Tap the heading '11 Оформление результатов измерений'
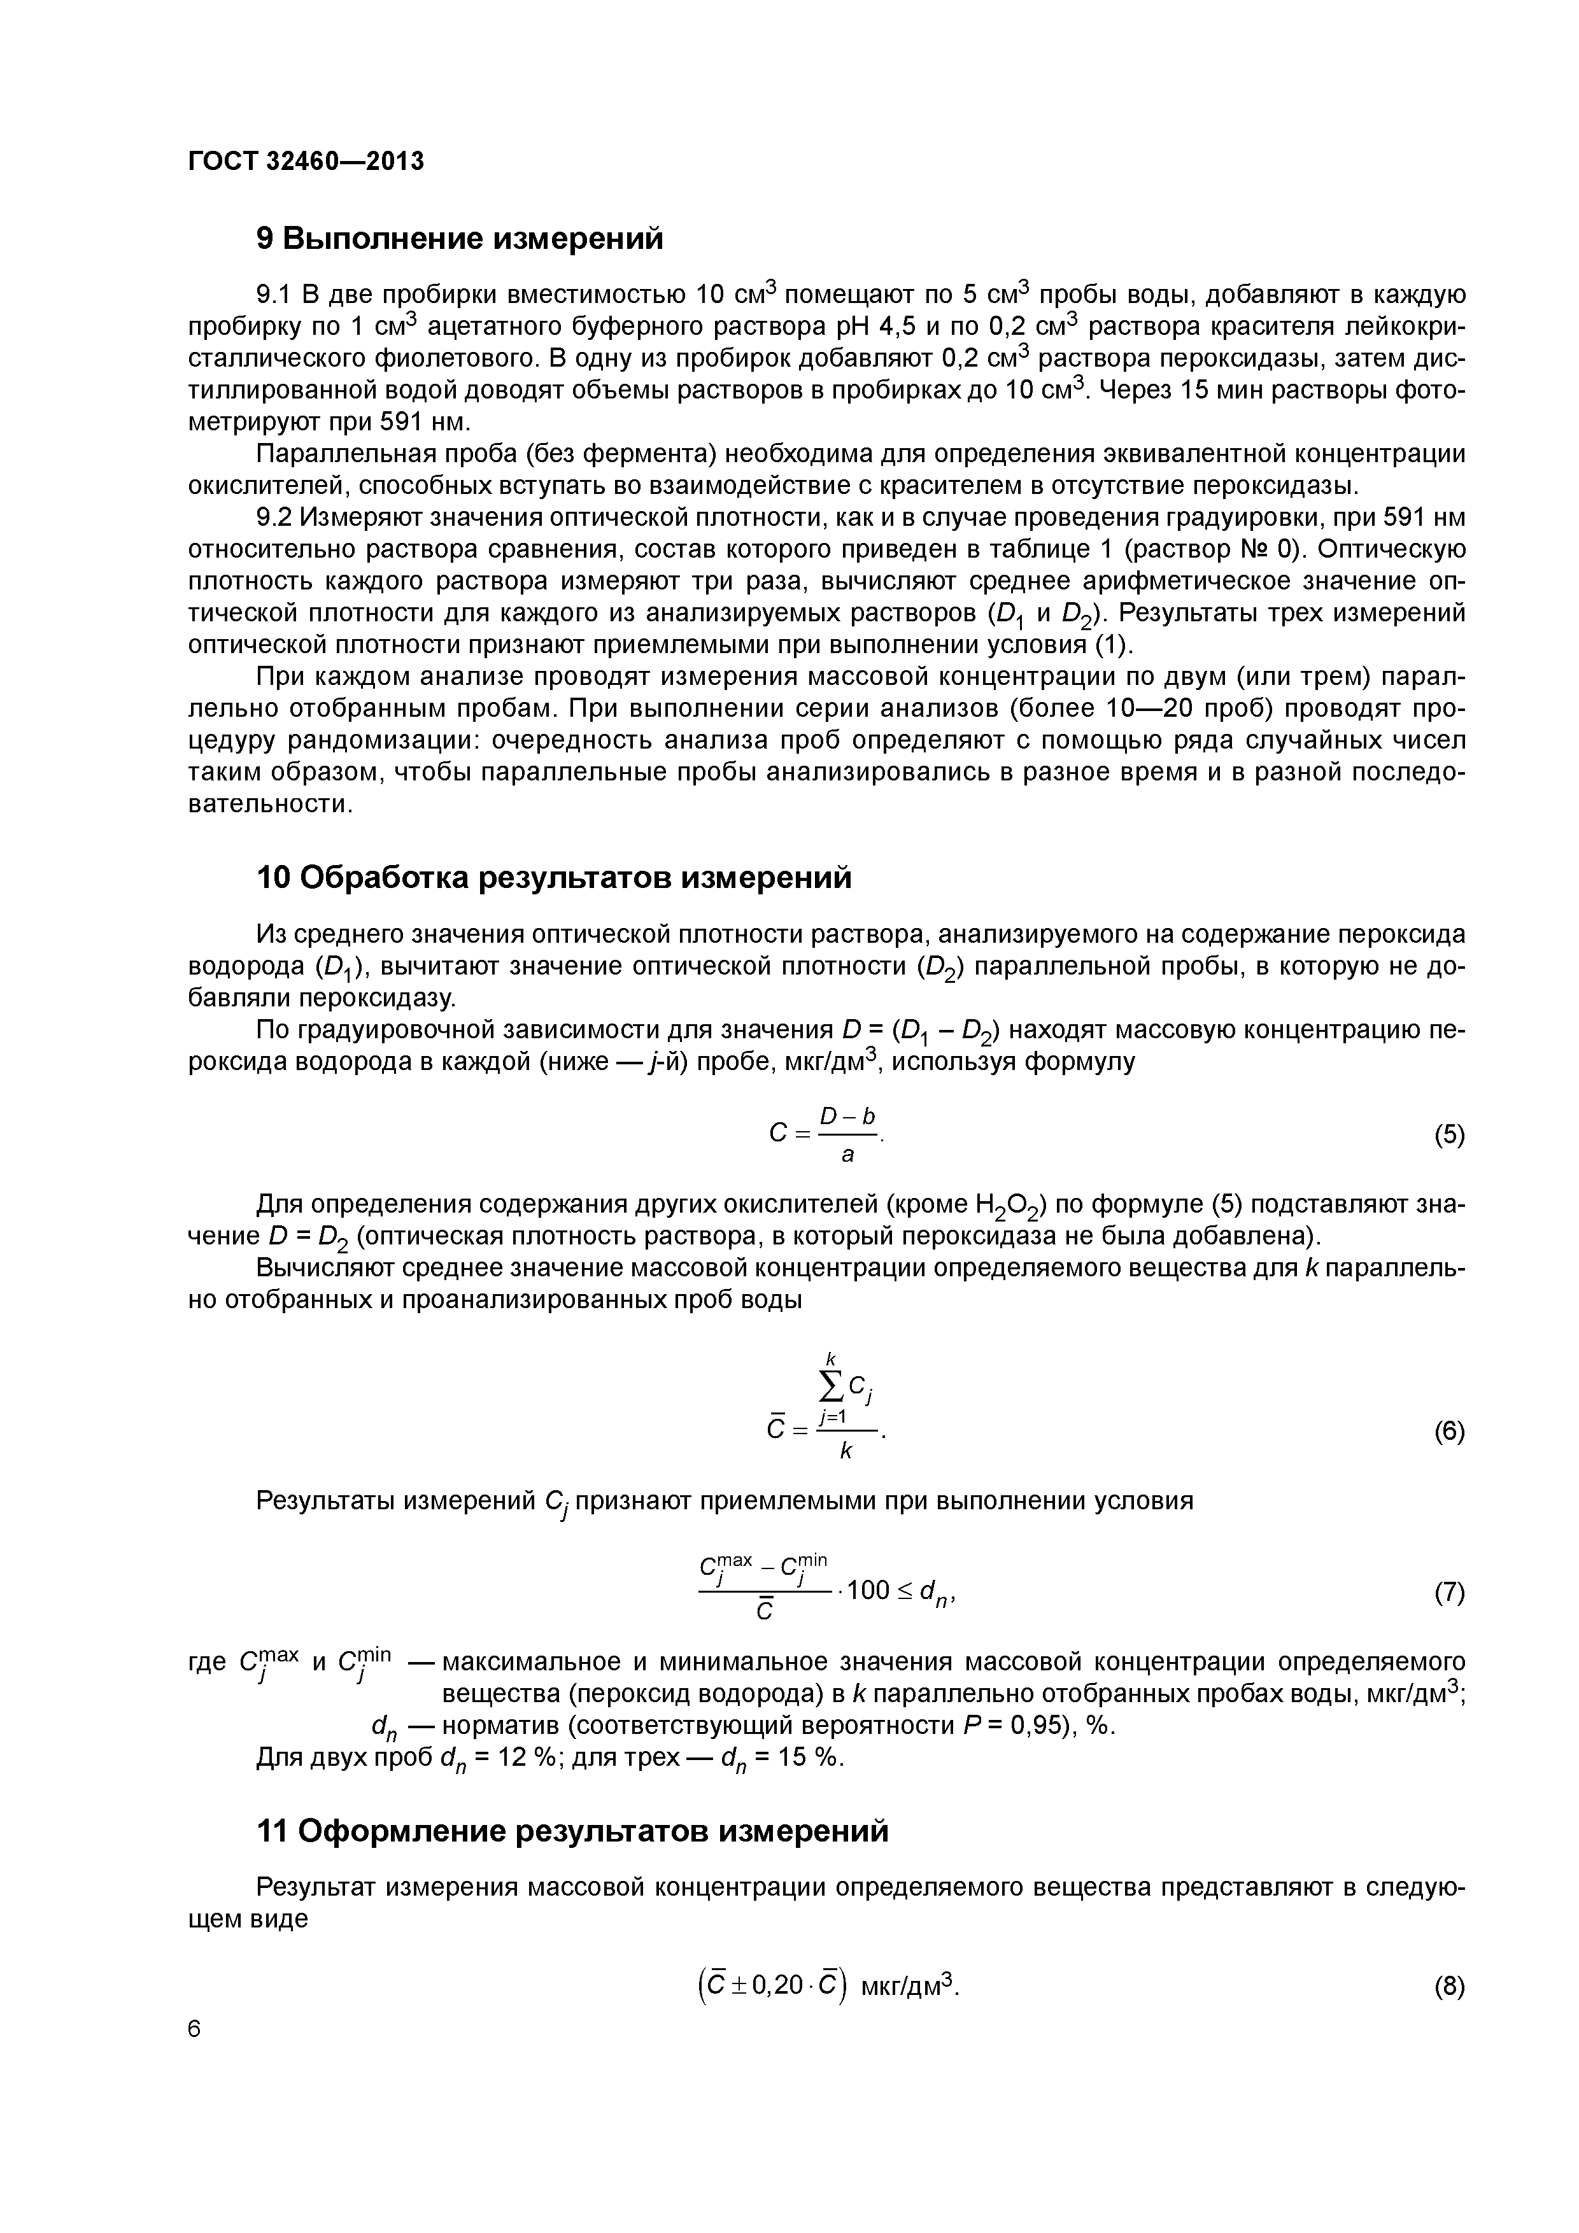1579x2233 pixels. [571, 1831]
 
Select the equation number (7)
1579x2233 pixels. [1448, 1592]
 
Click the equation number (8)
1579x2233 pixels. [1448, 1987]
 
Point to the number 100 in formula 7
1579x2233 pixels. [869, 1591]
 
